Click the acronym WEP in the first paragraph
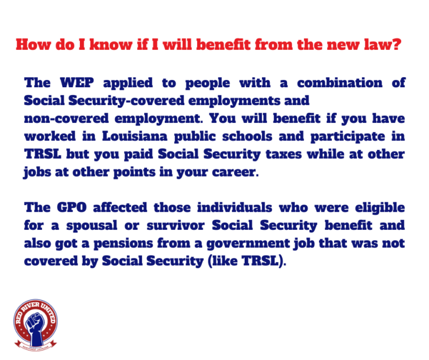tap(77, 83)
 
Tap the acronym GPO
tap(71, 207)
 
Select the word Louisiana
tap(135, 136)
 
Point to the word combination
tap(340, 83)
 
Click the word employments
tap(234, 101)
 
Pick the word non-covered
tap(66, 119)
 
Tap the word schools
tap(247, 136)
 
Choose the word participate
tap(348, 137)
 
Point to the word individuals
tap(235, 207)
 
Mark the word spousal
tap(92, 226)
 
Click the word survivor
tap(175, 226)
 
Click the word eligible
tap(380, 208)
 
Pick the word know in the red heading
tap(111, 44)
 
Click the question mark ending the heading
tap(397, 44)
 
